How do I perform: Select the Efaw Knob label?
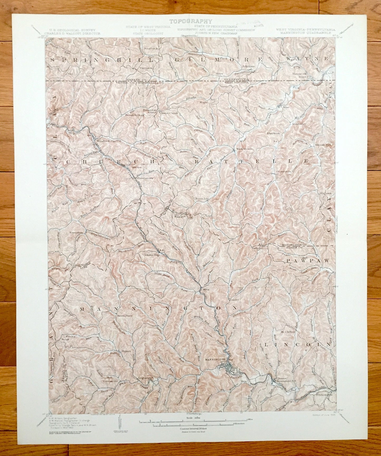pos(273,133)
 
